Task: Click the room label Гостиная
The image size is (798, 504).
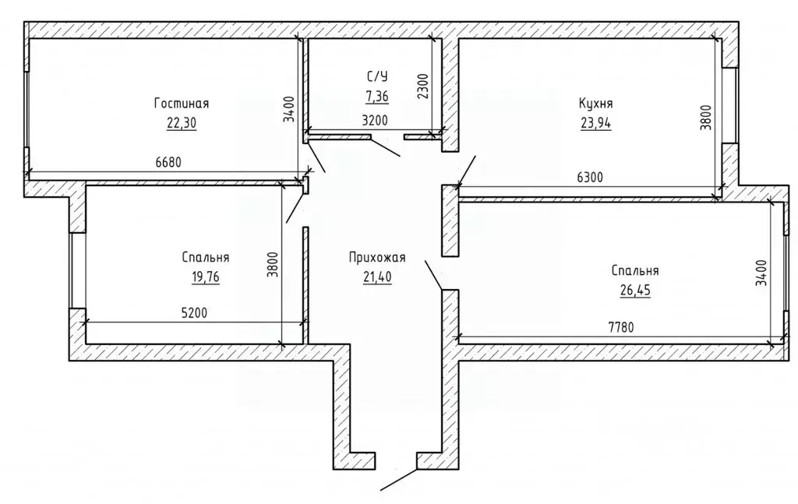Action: tap(181, 104)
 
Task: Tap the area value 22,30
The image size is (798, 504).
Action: tap(181, 123)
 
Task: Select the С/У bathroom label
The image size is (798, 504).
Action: tap(377, 77)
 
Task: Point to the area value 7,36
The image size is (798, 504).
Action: tap(377, 95)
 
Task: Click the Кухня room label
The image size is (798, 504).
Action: tap(596, 104)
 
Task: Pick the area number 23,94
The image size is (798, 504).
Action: tap(596, 123)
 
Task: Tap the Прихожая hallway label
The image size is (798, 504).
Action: tap(377, 258)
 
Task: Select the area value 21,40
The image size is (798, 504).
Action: tap(377, 277)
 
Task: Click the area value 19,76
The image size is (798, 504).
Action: tap(206, 277)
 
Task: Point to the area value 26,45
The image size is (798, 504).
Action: tap(635, 291)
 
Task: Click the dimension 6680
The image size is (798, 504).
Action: tap(168, 163)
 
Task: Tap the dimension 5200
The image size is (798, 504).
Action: tap(194, 313)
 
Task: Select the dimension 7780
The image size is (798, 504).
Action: tap(621, 327)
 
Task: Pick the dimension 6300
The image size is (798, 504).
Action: tap(590, 178)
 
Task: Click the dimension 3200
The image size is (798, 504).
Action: tap(375, 121)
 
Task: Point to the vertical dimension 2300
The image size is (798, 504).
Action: tap(423, 86)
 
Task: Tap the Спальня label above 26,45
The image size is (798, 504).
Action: tap(635, 271)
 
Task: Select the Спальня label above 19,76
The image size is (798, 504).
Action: tap(206, 258)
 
